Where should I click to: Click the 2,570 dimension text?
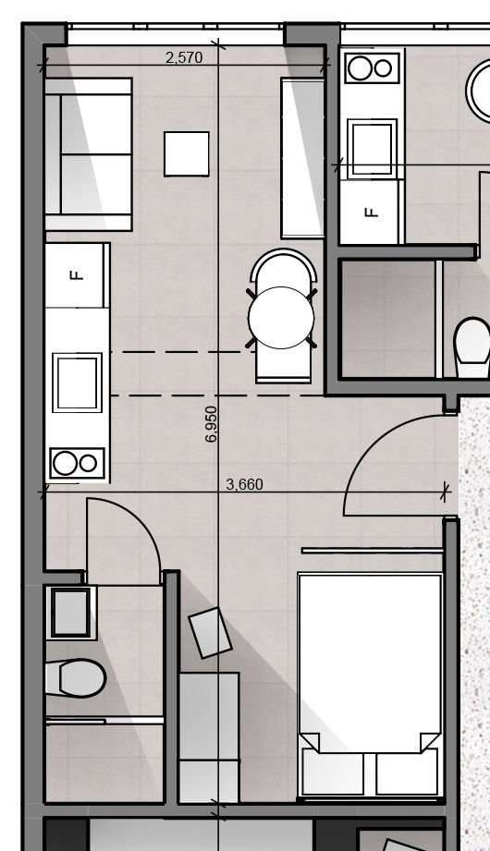[184, 57]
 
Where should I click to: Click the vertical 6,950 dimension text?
[212, 424]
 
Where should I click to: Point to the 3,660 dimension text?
[244, 484]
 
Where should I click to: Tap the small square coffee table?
[187, 153]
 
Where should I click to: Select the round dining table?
[281, 318]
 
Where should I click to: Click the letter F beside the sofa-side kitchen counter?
[77, 275]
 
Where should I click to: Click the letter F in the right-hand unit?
[372, 212]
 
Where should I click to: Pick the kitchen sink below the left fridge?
[77, 383]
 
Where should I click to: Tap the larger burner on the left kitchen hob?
[65, 464]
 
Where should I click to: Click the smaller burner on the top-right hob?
[383, 68]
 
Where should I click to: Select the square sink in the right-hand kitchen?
[372, 148]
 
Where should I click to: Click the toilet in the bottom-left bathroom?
[76, 678]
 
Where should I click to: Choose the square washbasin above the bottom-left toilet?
[70, 613]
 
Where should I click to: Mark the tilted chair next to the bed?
[210, 633]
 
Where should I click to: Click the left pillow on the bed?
[333, 772]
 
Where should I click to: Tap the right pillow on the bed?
[407, 772]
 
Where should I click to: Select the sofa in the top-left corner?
[89, 154]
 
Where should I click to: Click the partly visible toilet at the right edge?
[472, 347]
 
